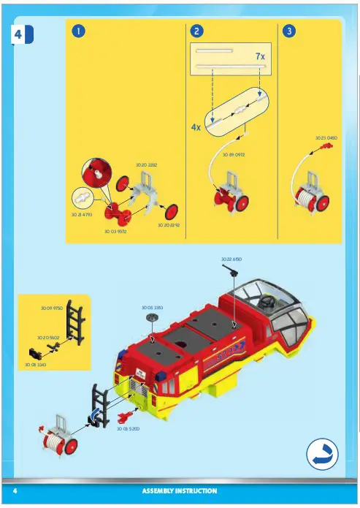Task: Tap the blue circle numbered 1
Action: (78, 31)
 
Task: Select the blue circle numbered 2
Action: (195, 31)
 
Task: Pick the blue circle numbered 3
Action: (289, 31)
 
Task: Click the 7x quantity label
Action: (259, 56)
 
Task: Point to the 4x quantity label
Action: (196, 126)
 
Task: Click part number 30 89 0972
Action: (233, 156)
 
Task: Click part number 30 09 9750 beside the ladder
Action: (52, 309)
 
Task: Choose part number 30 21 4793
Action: (80, 214)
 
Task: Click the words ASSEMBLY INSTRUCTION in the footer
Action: (179, 490)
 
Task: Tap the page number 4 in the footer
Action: (15, 490)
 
